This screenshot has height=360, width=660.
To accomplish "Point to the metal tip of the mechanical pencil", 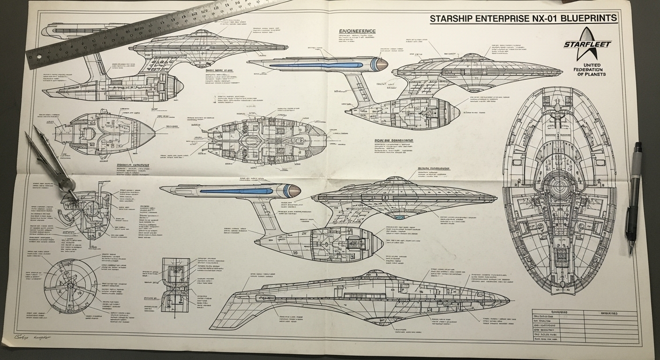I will tap(631, 248).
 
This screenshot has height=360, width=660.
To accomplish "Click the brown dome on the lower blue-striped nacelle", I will tap(294, 190).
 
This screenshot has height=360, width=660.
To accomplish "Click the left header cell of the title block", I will tap(558, 313).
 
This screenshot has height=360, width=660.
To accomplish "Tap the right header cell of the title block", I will tap(610, 313).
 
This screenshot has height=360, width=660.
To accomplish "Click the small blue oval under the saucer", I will tap(399, 217).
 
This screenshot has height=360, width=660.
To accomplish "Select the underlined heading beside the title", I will tap(357, 31).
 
